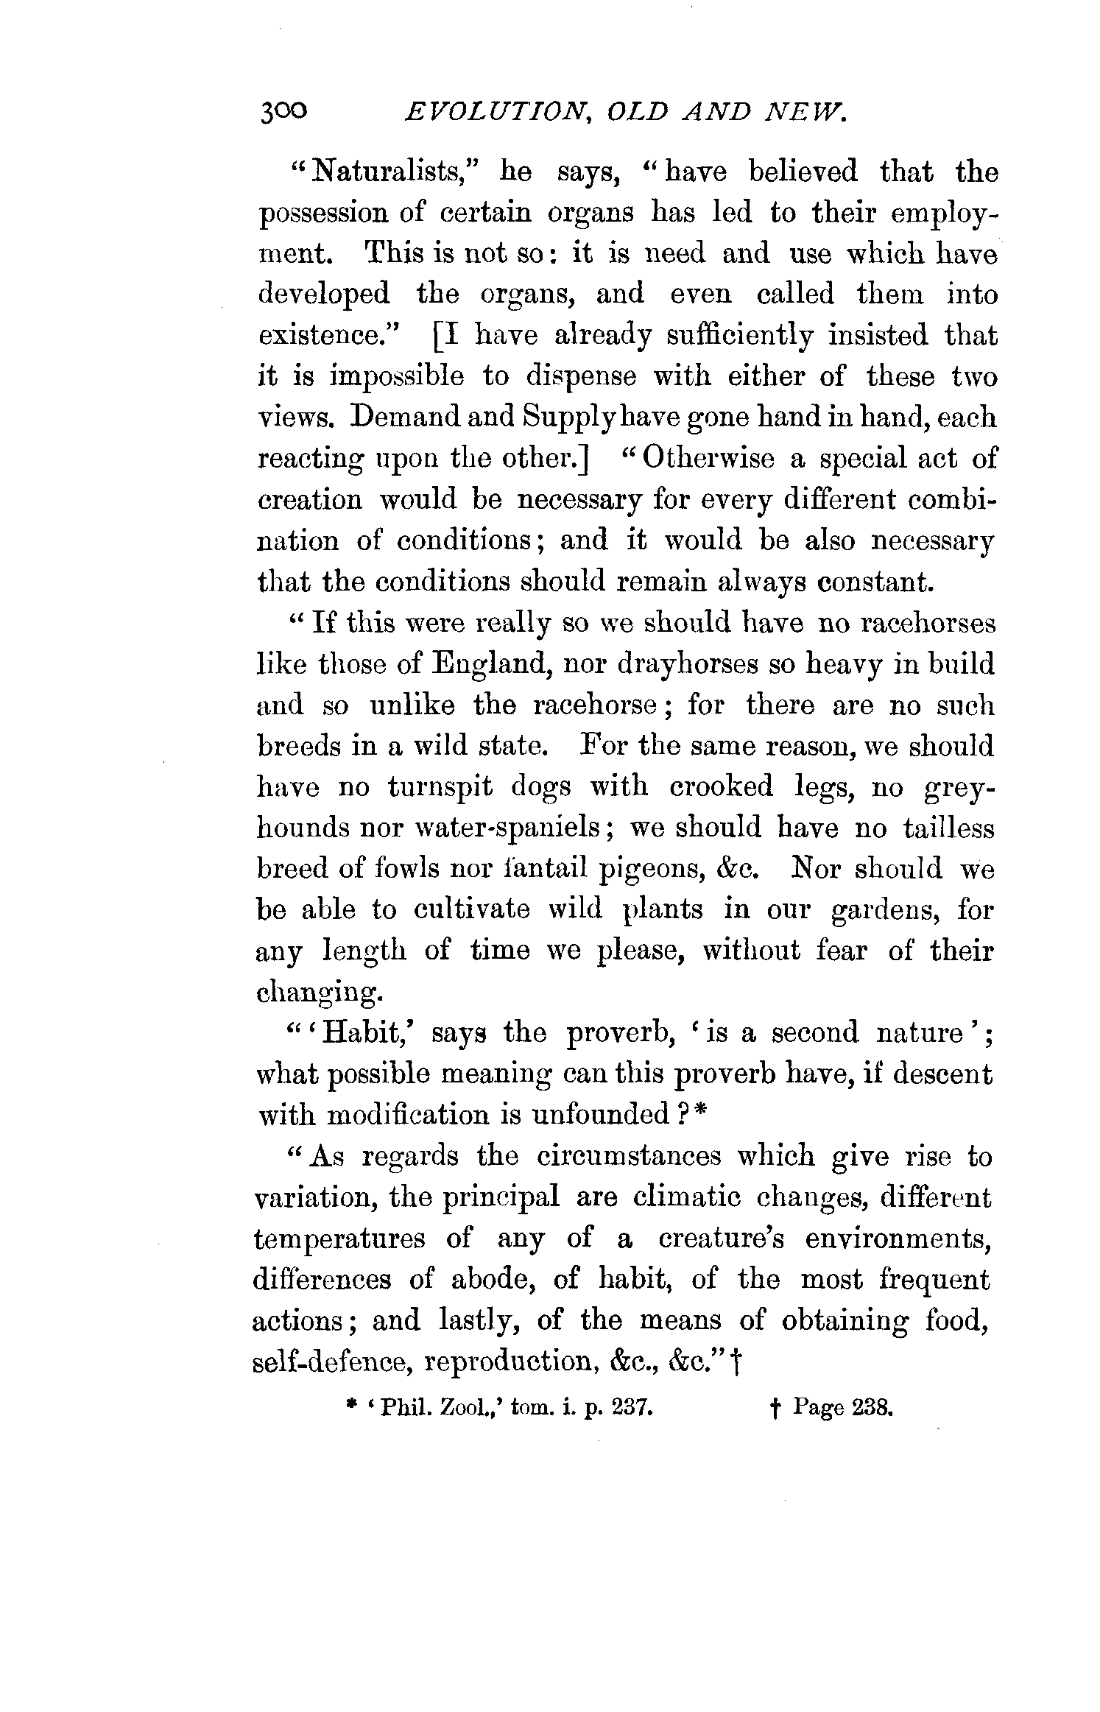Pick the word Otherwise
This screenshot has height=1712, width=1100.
(708, 458)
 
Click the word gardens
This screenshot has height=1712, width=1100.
(884, 910)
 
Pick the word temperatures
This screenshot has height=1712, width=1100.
(339, 1239)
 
